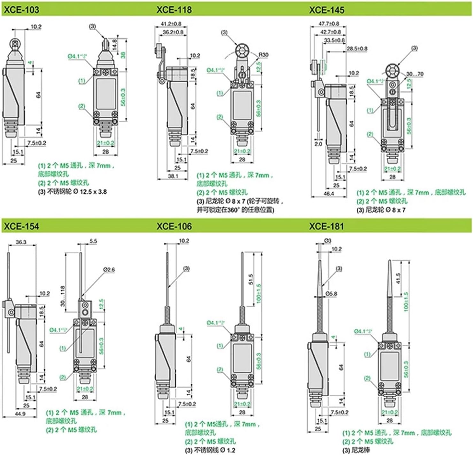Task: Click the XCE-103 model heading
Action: (21, 10)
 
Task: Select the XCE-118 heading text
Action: (174, 10)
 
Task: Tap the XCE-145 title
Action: (327, 10)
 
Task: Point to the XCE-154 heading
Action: (21, 226)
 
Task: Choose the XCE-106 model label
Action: (174, 226)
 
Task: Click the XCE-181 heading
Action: (327, 226)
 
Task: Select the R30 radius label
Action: (263, 55)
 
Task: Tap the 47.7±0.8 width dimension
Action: (329, 24)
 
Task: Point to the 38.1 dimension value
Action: (173, 176)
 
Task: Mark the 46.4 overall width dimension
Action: (329, 194)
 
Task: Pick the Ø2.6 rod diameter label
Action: (109, 270)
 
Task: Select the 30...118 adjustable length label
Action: (63, 296)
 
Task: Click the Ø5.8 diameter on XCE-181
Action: (331, 293)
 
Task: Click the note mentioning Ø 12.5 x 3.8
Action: (73, 192)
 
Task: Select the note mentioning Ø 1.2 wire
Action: (210, 450)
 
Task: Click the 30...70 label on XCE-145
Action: (415, 74)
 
